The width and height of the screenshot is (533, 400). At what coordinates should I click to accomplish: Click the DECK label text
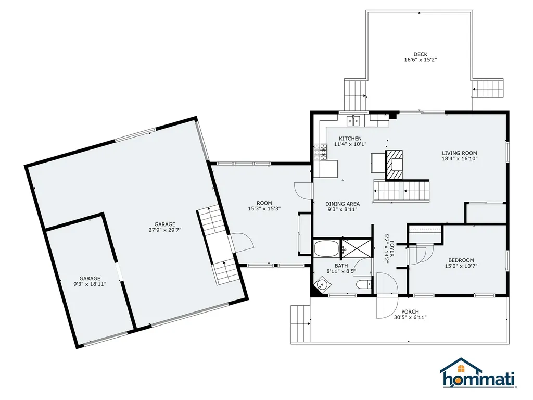click(420, 54)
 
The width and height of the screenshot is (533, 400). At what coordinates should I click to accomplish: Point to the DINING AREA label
click(342, 204)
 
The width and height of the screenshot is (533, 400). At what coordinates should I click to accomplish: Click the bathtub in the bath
click(326, 248)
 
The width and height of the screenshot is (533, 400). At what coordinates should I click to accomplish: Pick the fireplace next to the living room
click(394, 163)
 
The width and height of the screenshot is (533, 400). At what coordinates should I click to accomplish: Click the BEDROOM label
click(461, 260)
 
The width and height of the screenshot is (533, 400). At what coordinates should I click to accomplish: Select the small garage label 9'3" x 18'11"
click(90, 285)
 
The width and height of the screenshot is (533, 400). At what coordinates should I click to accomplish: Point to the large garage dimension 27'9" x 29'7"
click(164, 229)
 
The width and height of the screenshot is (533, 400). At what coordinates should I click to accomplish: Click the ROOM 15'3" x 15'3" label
click(264, 209)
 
